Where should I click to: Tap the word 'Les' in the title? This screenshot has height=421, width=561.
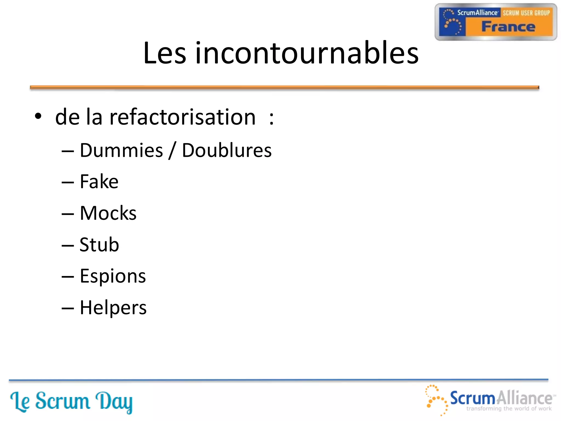165,53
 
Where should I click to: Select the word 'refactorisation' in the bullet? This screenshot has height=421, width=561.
183,117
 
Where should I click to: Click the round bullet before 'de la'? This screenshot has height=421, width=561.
38,116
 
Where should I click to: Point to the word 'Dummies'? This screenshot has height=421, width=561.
121,150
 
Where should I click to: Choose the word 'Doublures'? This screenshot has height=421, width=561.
227,150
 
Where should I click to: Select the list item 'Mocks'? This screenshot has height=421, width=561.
108,213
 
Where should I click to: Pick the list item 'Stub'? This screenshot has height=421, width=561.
99,244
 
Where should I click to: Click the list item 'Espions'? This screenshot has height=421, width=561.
113,276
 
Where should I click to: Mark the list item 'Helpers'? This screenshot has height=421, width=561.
113,308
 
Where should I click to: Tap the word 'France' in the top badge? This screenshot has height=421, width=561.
508,27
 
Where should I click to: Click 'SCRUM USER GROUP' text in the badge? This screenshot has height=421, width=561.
526,13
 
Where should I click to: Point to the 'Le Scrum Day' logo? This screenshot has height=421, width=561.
71,402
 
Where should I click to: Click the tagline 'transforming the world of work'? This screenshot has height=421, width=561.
509,409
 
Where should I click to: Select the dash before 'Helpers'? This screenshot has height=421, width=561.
68,308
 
